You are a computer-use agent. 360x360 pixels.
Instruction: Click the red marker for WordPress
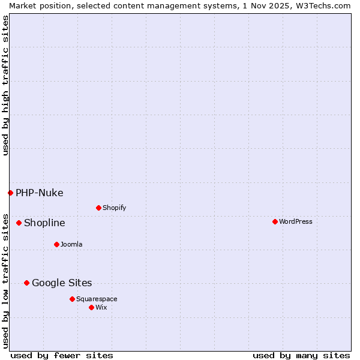pyautogui.click(x=275, y=221)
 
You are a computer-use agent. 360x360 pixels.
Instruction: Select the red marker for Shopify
pyautogui.click(x=98, y=208)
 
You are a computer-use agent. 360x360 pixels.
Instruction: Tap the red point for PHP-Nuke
pyautogui.click(x=10, y=193)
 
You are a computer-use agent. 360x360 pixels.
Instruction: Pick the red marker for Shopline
pyautogui.click(x=19, y=223)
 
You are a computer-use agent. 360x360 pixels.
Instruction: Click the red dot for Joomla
pyautogui.click(x=56, y=244)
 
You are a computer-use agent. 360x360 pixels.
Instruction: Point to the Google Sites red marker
pyautogui.click(x=26, y=283)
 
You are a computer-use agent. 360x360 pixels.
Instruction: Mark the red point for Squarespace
pyautogui.click(x=72, y=299)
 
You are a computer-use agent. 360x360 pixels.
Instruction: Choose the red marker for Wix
pyautogui.click(x=91, y=307)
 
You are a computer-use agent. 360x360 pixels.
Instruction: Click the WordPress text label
pyautogui.click(x=296, y=221)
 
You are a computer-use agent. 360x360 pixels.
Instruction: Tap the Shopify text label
pyautogui.click(x=115, y=208)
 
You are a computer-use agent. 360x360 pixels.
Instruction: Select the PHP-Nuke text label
pyautogui.click(x=40, y=193)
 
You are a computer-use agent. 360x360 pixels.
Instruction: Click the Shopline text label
pyautogui.click(x=44, y=223)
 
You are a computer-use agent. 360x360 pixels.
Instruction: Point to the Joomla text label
pyautogui.click(x=71, y=244)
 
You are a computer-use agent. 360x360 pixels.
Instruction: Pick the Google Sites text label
pyautogui.click(x=62, y=283)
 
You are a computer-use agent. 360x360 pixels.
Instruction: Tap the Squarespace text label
pyautogui.click(x=97, y=299)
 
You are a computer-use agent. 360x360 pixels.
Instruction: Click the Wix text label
pyautogui.click(x=101, y=307)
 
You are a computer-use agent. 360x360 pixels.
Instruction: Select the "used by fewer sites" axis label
pyautogui.click(x=62, y=355)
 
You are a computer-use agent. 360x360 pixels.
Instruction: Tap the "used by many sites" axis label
pyautogui.click(x=301, y=355)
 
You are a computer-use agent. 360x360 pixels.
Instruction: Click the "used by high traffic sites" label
pyautogui.click(x=5, y=86)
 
